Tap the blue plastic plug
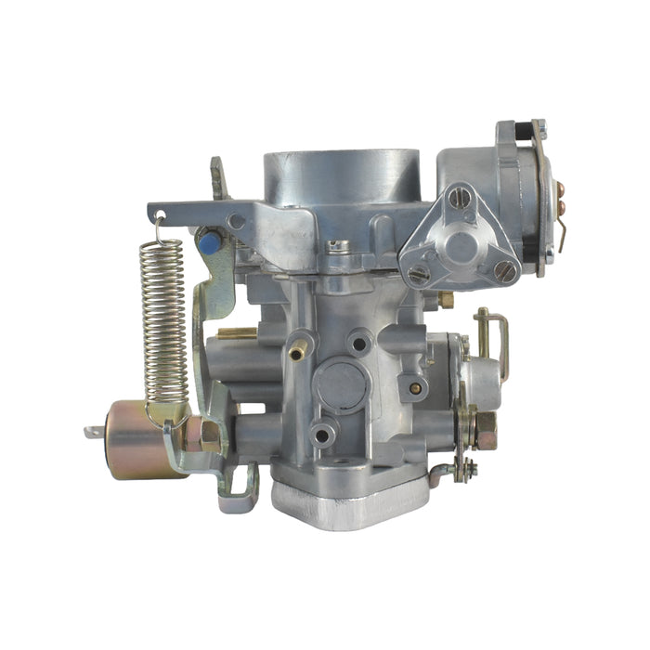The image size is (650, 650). [x=209, y=244]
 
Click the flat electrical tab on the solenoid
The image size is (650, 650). [x=93, y=432]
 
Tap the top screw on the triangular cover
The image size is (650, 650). [x=457, y=198]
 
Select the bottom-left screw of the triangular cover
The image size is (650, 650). [x=420, y=274]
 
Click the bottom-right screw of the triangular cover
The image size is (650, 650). [x=504, y=270]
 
